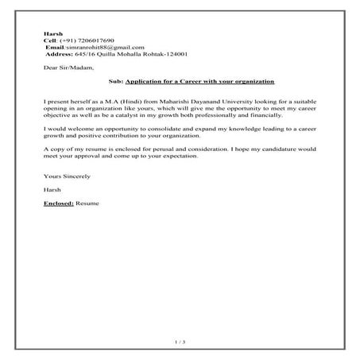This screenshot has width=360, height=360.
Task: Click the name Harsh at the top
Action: pos(52,32)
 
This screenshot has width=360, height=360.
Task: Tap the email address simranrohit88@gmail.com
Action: pos(99,47)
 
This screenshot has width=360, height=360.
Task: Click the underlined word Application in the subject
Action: pos(148,83)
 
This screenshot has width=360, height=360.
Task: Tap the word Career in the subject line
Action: pos(195,83)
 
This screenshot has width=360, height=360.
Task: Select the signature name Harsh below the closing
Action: pos(52,190)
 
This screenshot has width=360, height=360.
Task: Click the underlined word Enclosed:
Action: pos(60,204)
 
